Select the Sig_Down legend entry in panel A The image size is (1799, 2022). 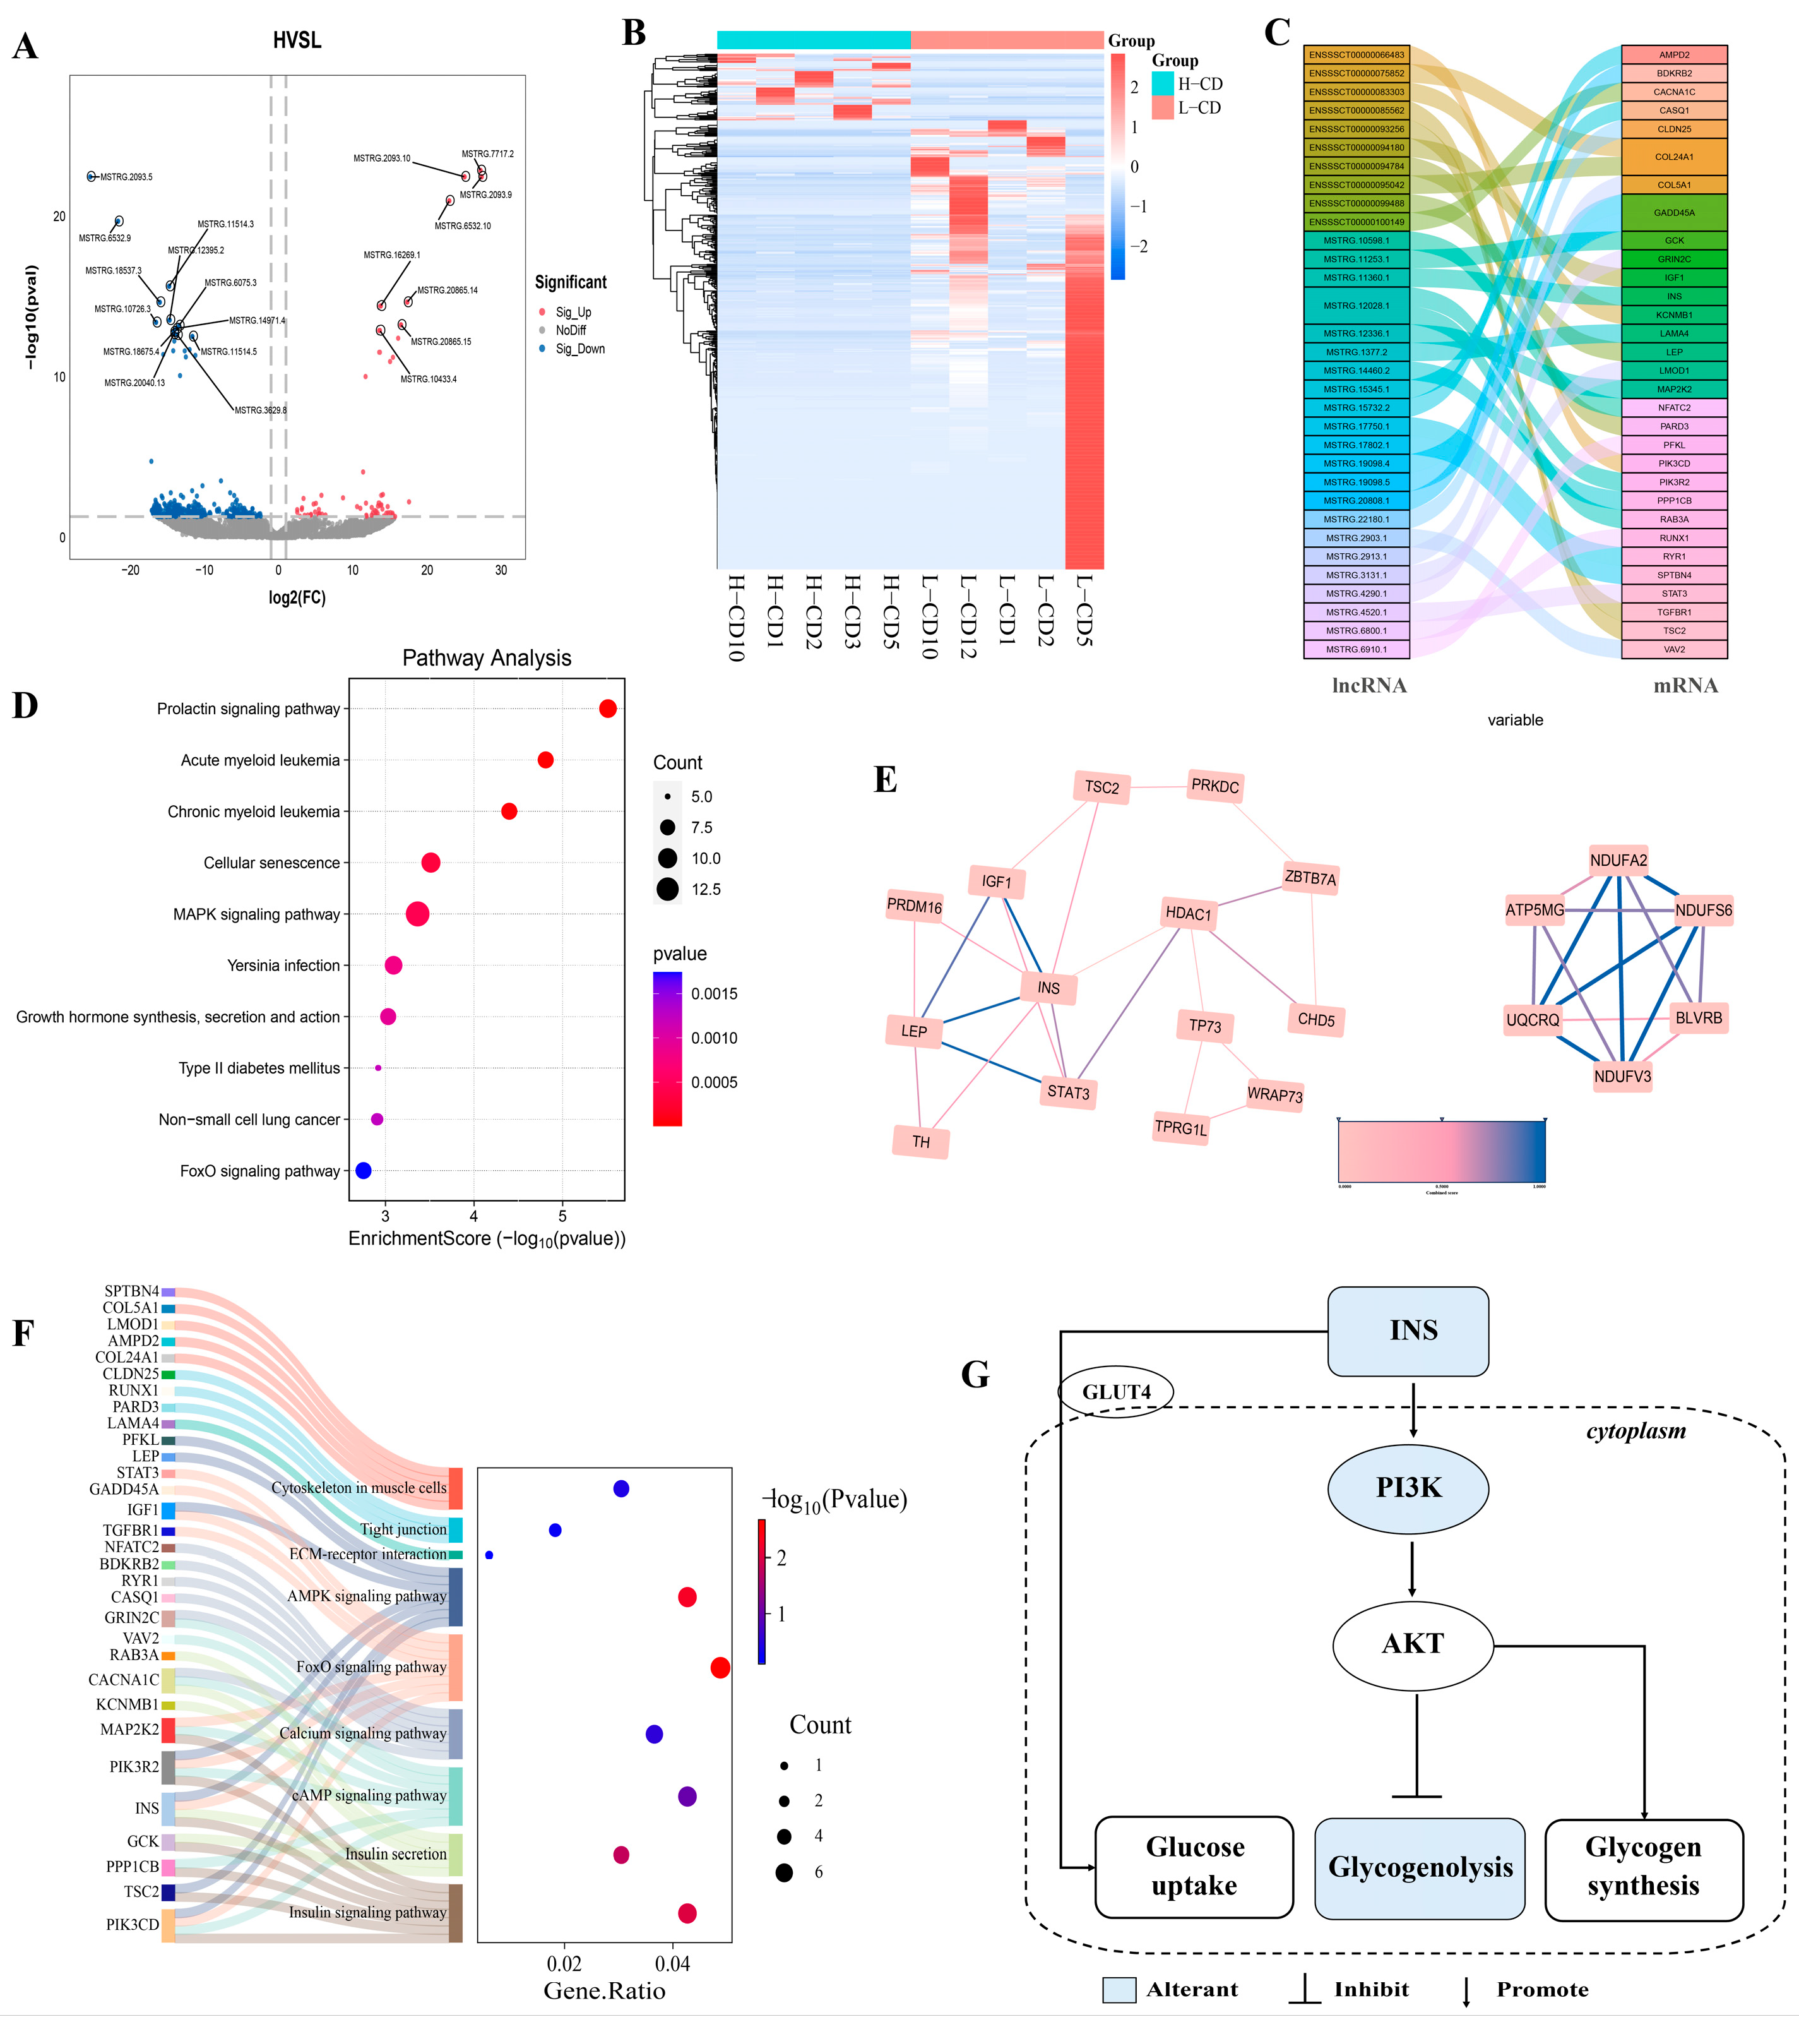[x=579, y=349]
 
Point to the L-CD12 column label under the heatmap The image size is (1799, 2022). [x=966, y=618]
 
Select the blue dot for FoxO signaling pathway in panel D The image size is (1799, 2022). [x=363, y=1170]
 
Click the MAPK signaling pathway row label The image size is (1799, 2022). [x=256, y=914]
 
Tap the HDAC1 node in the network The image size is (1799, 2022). [x=1188, y=913]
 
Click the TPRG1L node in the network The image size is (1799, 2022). [x=1181, y=1128]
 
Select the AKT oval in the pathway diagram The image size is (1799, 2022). [x=1412, y=1644]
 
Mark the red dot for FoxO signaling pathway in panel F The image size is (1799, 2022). [x=720, y=1668]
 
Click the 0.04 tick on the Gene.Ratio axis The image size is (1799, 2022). [x=672, y=1964]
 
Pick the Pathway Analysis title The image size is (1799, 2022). [x=487, y=658]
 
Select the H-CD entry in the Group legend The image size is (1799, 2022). [x=1187, y=84]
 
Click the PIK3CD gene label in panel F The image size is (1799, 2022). [x=133, y=1924]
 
